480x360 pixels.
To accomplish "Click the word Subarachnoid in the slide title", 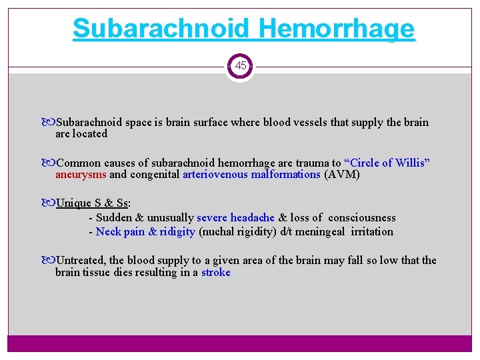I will point(161,29).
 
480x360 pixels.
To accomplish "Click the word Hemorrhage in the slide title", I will point(336,29).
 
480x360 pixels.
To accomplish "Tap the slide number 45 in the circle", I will point(240,66).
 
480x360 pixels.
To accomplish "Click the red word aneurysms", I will point(81,175).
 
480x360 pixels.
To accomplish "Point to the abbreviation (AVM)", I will point(341,175).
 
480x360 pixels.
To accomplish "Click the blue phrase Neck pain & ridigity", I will point(145,231).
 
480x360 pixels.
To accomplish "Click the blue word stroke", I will point(215,272).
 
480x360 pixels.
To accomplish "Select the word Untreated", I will point(81,260).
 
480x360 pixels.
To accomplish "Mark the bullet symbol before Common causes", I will point(51,163).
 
